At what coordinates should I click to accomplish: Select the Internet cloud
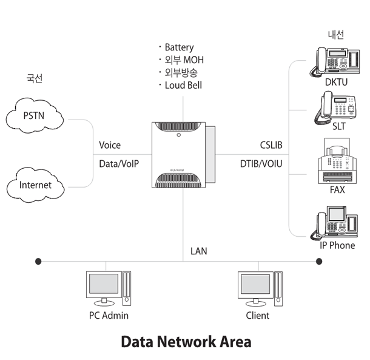tap(36, 185)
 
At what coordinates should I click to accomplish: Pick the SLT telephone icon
tap(335, 107)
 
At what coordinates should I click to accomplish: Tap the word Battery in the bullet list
tap(179, 47)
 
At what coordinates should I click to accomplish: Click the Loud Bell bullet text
tap(183, 85)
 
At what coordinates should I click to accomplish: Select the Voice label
tap(110, 145)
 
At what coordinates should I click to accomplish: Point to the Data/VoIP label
tap(123, 163)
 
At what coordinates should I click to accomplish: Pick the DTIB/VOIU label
tap(261, 163)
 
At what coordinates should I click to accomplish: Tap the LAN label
tap(199, 250)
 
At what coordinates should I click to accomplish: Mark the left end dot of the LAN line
tap(38, 261)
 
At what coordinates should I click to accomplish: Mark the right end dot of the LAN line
tap(320, 261)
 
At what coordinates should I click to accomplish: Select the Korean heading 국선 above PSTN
tap(35, 78)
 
